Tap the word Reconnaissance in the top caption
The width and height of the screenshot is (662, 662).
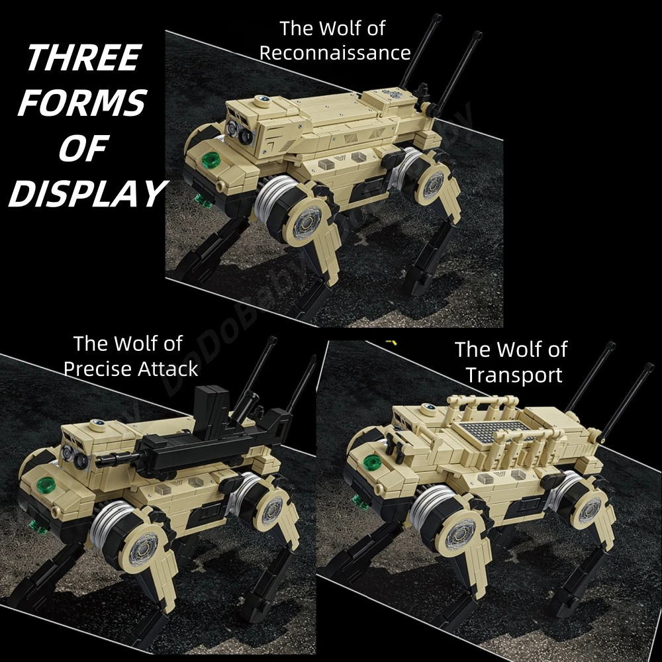[335, 53]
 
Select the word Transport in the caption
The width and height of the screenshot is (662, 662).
[514, 375]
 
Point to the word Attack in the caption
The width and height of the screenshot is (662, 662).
[169, 369]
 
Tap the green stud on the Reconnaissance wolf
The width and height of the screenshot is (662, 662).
[213, 160]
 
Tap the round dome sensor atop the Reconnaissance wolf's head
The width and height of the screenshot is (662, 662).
[263, 101]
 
